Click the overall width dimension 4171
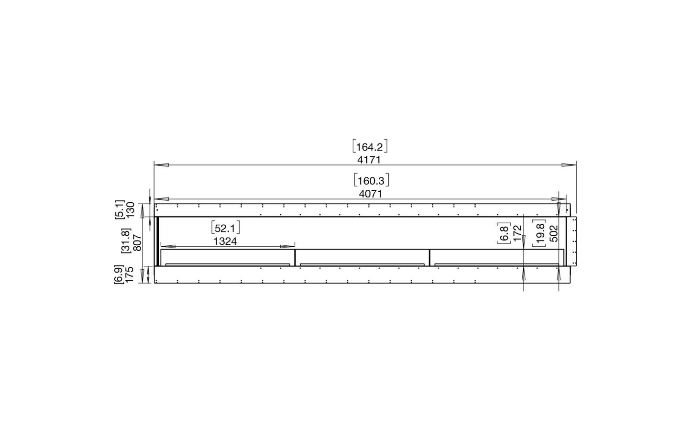(x=369, y=160)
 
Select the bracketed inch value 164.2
(x=370, y=146)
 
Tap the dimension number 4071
(x=371, y=194)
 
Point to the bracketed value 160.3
(x=371, y=180)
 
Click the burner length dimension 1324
(x=225, y=241)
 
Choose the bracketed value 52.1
(x=225, y=228)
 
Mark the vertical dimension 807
(x=138, y=243)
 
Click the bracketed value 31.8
(x=126, y=241)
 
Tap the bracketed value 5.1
(x=120, y=210)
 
